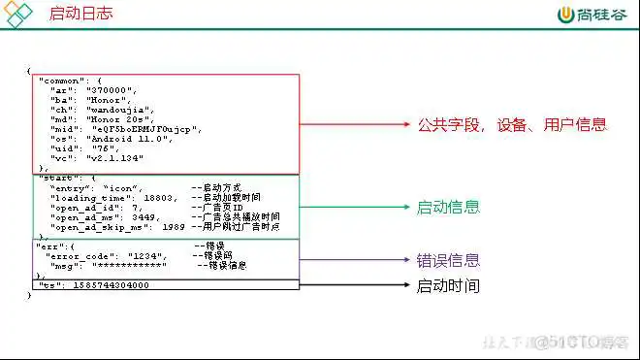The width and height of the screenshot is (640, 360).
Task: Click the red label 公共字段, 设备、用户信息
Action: (x=511, y=124)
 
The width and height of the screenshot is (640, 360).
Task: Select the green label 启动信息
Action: (x=448, y=207)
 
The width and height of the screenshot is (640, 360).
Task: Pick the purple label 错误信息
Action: (x=448, y=260)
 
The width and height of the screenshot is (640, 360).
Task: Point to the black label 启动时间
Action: (x=448, y=285)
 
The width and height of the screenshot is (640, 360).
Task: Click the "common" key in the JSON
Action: (x=61, y=80)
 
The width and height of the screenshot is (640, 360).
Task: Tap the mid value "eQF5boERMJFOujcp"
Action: (x=146, y=129)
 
